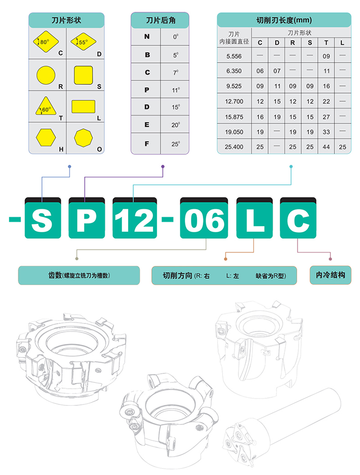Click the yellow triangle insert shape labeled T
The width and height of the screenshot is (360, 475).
click(x=46, y=107)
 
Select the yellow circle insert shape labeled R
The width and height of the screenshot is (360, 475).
click(x=46, y=75)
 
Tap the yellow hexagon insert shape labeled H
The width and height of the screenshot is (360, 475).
click(x=46, y=138)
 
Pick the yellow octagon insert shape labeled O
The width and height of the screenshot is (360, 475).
click(x=83, y=138)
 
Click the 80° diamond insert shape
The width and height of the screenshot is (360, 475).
click(x=46, y=41)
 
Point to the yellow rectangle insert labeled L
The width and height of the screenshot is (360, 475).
click(x=83, y=107)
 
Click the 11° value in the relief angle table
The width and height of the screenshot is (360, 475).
click(x=176, y=90)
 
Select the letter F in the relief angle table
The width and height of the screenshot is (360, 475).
click(x=147, y=143)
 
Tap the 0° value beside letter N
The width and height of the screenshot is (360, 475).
click(x=176, y=36)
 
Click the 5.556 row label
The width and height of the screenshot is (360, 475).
click(x=234, y=56)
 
